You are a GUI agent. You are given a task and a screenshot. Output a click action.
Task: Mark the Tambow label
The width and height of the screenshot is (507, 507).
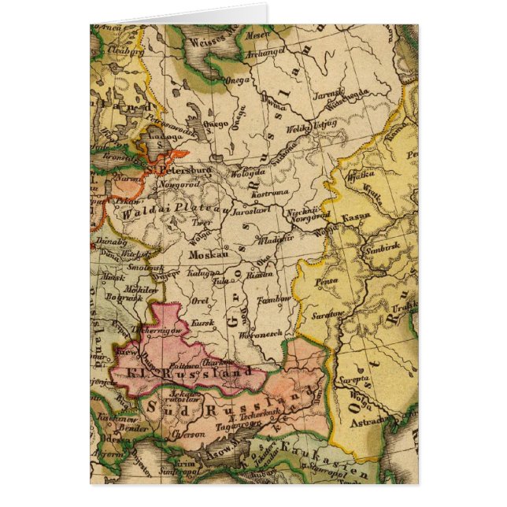[x=276, y=299]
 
